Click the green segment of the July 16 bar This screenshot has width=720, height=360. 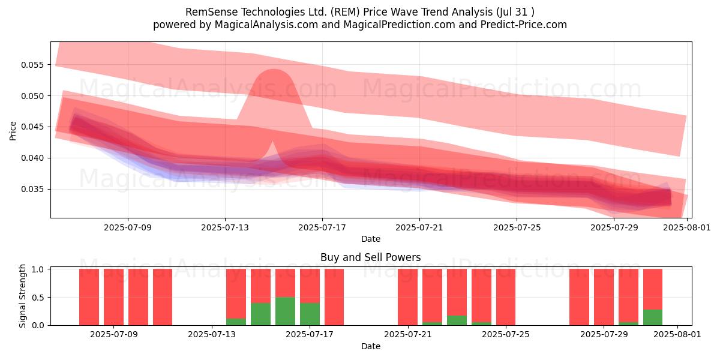pos(286,311)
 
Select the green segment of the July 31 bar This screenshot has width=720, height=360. pos(653,317)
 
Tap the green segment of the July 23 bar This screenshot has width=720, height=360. pos(457,320)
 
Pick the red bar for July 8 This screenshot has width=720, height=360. pos(89,297)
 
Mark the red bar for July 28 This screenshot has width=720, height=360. pos(579,297)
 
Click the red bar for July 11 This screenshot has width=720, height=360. pos(163,297)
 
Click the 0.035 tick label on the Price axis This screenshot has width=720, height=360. pos(32,189)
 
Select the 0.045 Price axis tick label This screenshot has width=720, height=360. pos(32,127)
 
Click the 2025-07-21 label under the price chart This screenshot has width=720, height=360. pos(419,227)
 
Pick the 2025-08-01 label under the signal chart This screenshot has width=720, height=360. pos(677,335)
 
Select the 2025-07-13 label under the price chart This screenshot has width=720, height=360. pos(225,227)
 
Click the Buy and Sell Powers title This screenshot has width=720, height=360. pos(371,257)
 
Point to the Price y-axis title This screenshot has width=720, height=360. pos(13,131)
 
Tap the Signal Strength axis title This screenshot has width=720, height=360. pos(22,296)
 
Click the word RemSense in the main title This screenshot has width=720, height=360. pos(212,12)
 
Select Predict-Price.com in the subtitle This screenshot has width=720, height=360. pos(524,25)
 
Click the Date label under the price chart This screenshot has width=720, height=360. pos(371,239)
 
